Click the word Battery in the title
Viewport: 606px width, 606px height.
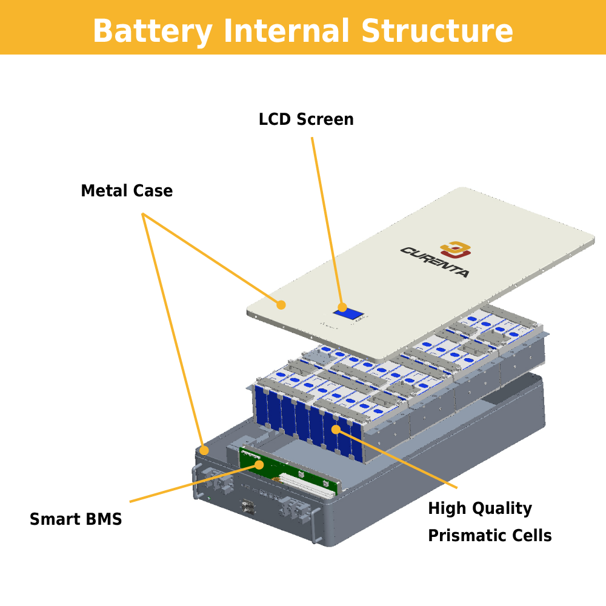click(152, 30)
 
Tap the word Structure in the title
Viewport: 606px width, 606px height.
click(436, 30)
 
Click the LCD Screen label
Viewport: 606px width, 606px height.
click(306, 119)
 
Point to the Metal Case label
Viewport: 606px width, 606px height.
click(127, 191)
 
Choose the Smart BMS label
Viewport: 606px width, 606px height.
click(76, 519)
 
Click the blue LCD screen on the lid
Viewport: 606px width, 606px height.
click(350, 314)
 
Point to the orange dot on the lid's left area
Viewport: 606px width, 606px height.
click(281, 305)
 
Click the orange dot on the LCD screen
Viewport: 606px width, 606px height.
click(342, 307)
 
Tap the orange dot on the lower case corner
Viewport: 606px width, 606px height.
click(204, 450)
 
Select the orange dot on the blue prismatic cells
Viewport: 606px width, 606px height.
click(336, 430)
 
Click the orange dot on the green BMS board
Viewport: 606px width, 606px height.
click(259, 465)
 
